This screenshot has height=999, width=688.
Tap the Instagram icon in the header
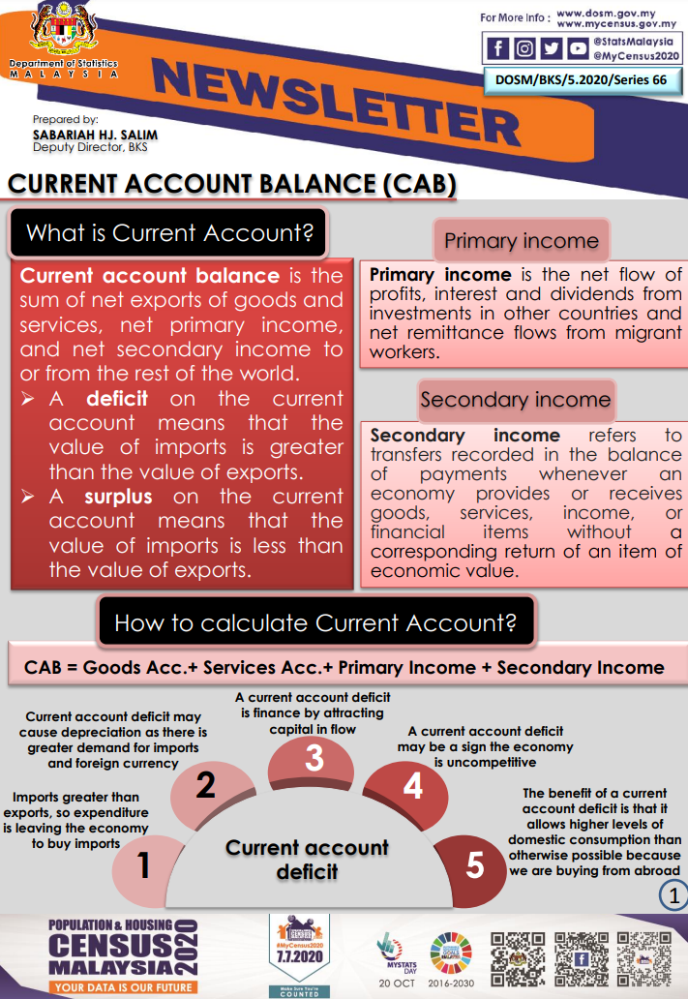pyautogui.click(x=525, y=48)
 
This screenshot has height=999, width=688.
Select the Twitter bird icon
pyautogui.click(x=552, y=48)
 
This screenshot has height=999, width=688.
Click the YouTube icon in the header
pyautogui.click(x=578, y=48)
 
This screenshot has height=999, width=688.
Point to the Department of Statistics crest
pyautogui.click(x=61, y=32)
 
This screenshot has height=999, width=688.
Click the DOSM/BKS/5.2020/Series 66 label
pyautogui.click(x=582, y=79)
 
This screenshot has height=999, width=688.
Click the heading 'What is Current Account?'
pyautogui.click(x=169, y=233)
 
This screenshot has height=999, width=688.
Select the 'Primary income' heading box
pyautogui.click(x=521, y=241)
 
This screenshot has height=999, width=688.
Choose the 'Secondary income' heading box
pyautogui.click(x=515, y=399)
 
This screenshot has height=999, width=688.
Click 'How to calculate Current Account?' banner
pyautogui.click(x=315, y=622)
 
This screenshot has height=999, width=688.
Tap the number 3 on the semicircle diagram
pyautogui.click(x=314, y=758)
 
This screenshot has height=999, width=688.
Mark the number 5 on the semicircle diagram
pyautogui.click(x=474, y=864)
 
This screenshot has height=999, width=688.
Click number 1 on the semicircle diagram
pyautogui.click(x=143, y=864)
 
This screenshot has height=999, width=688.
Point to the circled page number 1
pyautogui.click(x=671, y=895)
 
